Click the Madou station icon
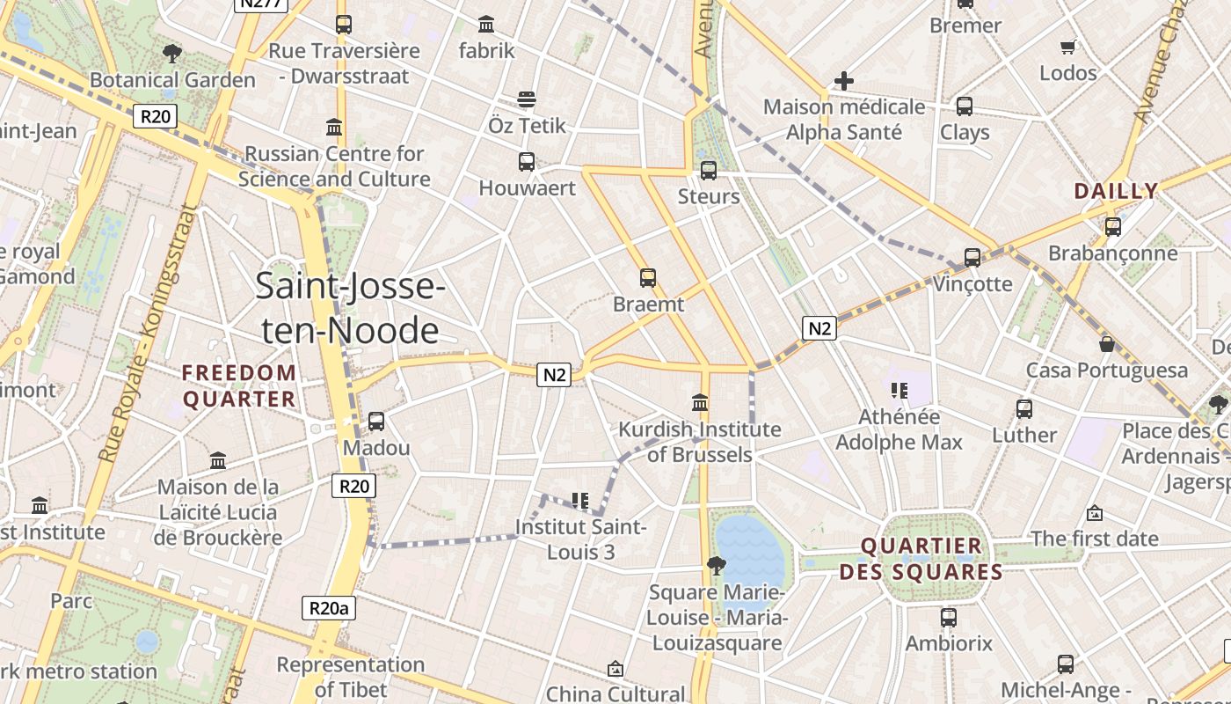[x=376, y=422]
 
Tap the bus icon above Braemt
[x=648, y=278]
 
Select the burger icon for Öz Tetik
[x=527, y=99]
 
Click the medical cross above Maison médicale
[x=843, y=81]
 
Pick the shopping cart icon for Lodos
[x=1068, y=47]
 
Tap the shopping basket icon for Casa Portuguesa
[x=1106, y=344]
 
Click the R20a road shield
[x=329, y=607]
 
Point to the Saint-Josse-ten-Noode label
[x=350, y=308]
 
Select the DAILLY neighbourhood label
[x=1116, y=191]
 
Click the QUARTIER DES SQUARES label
[x=921, y=559]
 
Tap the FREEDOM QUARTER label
[x=239, y=385]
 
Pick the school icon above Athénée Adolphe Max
[x=899, y=390]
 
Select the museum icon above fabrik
[x=486, y=24]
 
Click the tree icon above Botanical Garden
[x=172, y=54]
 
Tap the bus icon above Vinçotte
[x=972, y=257]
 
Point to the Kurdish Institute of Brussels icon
[x=700, y=402]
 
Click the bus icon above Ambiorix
[x=948, y=617]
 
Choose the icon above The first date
[x=1095, y=512]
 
